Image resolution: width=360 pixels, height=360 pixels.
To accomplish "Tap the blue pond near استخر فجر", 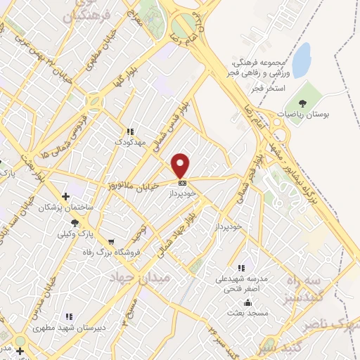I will (302, 60).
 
